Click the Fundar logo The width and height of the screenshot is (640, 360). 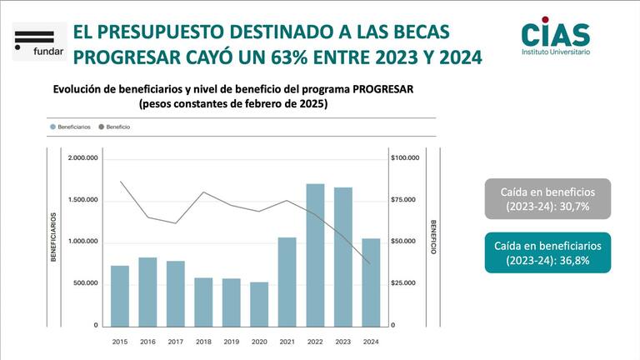tap(34, 42)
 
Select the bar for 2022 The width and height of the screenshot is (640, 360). tap(315, 254)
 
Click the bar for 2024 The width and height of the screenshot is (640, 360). tap(371, 282)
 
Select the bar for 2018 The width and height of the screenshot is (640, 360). tap(203, 301)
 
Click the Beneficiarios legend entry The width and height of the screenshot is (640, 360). tap(72, 127)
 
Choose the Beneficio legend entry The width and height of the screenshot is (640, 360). tap(115, 127)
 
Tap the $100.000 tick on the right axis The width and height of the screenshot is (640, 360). tap(404, 158)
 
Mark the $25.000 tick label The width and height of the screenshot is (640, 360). tap(404, 283)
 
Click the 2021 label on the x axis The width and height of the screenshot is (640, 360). tap(287, 342)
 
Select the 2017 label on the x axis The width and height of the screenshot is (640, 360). tap(175, 342)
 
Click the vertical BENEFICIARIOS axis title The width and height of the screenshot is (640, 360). tap(52, 238)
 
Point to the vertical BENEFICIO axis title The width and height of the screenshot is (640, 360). tap(433, 238)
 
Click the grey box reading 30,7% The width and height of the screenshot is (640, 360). tap(547, 198)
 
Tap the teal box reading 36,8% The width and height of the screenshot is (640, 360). tap(547, 252)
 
